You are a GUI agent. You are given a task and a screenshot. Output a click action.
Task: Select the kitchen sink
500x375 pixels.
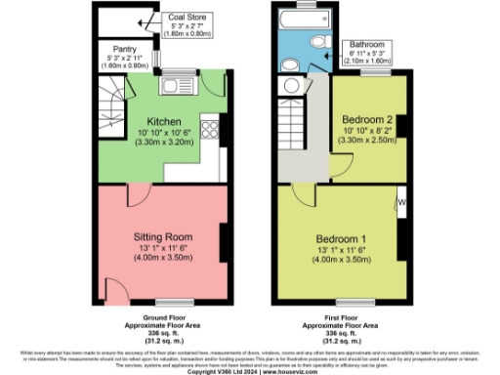tap(179, 86)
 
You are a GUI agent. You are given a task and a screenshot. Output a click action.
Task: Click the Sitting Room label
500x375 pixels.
tap(162, 237)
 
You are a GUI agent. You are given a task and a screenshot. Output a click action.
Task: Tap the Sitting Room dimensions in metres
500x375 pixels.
tap(162, 261)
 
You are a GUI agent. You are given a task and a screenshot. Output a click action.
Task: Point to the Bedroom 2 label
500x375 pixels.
tap(367, 116)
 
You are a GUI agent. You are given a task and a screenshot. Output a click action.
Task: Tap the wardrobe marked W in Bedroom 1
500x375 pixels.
tap(401, 202)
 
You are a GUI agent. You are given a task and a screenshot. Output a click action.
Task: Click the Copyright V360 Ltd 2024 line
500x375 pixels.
tap(248, 371)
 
